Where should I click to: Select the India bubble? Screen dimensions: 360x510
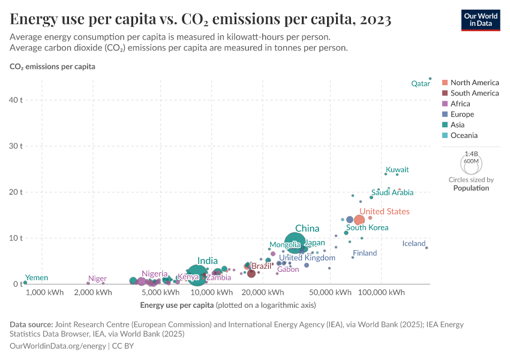(x=197, y=275)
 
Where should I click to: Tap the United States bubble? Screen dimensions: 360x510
(x=359, y=220)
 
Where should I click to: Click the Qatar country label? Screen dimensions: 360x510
(x=420, y=84)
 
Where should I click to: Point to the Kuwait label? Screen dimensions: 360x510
(x=397, y=170)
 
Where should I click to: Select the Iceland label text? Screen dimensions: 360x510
(x=413, y=244)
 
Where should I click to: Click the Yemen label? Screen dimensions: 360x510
(x=36, y=278)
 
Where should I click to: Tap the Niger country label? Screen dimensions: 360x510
(x=97, y=279)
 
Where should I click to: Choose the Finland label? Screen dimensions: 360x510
(x=365, y=253)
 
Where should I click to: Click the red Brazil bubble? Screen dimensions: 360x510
(x=251, y=273)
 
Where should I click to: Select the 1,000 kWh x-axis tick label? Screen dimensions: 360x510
(x=44, y=293)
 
